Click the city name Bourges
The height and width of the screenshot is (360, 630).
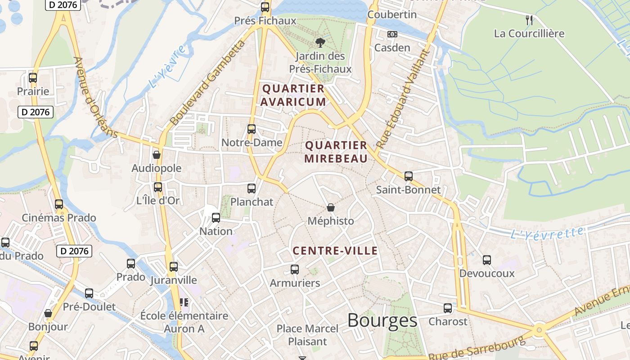pos(382,320)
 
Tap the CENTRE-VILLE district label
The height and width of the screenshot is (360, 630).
pos(335,251)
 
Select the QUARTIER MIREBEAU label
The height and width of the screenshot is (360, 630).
pos(336,152)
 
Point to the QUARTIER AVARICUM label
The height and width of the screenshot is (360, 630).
pos(293,95)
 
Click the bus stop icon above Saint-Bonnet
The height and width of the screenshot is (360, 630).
pos(408,176)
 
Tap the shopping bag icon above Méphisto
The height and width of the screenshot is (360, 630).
pos(331,207)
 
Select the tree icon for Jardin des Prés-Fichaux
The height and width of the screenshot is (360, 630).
pos(320,43)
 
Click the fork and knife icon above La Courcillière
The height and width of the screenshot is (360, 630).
pos(529,20)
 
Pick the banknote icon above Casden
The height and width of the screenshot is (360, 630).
pos(392,34)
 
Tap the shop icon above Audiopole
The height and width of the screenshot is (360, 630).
pos(157,155)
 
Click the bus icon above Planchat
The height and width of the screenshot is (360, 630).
pos(252,189)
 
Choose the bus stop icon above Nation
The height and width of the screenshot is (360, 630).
pos(216,218)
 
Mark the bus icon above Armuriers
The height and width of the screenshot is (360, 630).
pos(295,270)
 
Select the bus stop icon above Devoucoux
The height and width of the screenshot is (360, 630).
pos(487,260)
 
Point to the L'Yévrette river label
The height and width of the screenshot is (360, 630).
pos(547,233)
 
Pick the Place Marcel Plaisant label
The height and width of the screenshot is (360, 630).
pos(307,335)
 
